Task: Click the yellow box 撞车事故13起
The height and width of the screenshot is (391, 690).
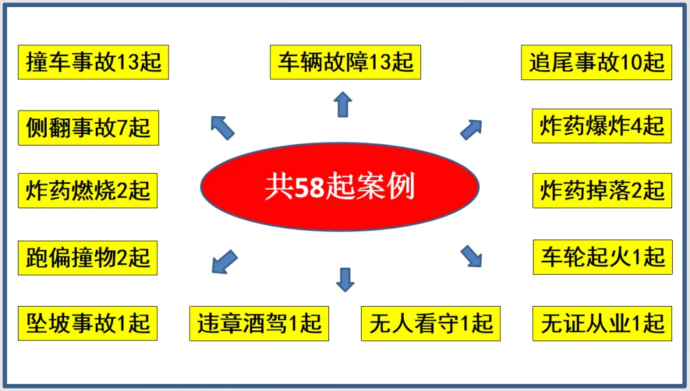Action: (x=93, y=62)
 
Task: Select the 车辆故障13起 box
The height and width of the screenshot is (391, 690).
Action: (x=345, y=62)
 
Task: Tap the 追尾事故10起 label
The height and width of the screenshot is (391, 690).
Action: (x=596, y=62)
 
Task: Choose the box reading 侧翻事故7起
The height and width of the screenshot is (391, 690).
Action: (x=88, y=128)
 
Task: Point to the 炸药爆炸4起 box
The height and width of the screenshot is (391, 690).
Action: (x=602, y=125)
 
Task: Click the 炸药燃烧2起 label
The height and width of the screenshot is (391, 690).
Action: (x=88, y=190)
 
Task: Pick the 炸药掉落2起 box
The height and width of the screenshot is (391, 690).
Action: (x=602, y=190)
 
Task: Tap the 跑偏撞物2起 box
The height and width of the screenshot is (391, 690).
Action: (x=88, y=257)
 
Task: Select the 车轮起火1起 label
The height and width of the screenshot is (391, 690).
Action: (x=602, y=257)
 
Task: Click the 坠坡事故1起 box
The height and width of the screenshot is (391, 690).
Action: (x=88, y=323)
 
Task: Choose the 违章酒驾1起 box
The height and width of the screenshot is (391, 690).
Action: (x=259, y=323)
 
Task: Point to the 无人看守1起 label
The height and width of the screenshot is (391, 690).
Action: (x=431, y=323)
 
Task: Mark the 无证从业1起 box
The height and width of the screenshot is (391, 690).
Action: (x=602, y=323)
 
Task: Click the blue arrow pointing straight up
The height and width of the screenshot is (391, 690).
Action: (x=343, y=104)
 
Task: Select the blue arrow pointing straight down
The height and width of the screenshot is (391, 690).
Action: (x=345, y=279)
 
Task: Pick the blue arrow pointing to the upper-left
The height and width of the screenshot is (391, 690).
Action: (x=222, y=127)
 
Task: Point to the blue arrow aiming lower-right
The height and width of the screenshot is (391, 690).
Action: (x=471, y=256)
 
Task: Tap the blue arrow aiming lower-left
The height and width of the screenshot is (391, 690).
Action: (x=224, y=262)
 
